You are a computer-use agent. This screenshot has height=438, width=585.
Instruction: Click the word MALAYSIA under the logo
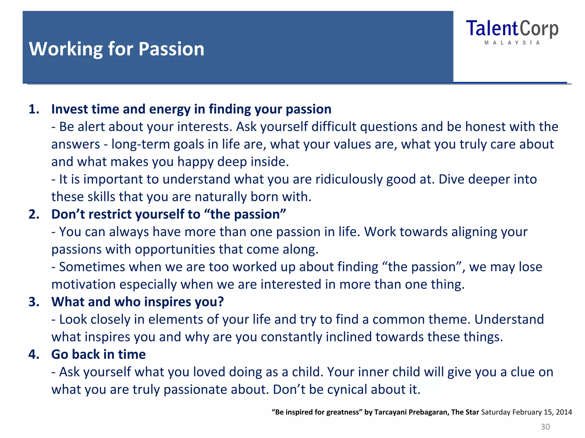[x=512, y=43]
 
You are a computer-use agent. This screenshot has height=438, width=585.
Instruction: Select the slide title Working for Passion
[x=117, y=49]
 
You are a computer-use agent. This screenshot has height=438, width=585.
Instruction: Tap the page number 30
[x=545, y=427]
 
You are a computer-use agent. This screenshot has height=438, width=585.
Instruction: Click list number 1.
[x=34, y=109]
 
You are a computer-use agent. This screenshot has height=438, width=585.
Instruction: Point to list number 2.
[x=34, y=214]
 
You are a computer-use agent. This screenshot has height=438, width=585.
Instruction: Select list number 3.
[x=34, y=302]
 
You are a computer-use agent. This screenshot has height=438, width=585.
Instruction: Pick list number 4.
[x=34, y=354]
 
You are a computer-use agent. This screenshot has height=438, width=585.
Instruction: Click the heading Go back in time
[x=98, y=354]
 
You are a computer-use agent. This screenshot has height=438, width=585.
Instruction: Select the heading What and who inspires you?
[x=137, y=302]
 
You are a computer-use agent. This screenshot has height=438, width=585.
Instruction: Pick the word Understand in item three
[x=509, y=319]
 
